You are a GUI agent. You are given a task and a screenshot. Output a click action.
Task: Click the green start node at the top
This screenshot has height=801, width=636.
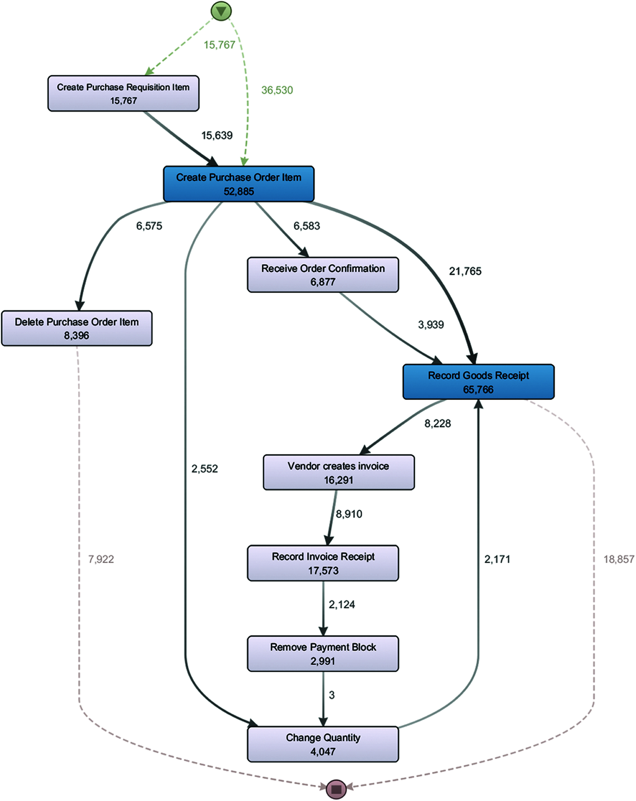pyautogui.click(x=221, y=11)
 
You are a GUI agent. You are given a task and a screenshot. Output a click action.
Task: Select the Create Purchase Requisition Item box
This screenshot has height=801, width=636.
pyautogui.click(x=123, y=94)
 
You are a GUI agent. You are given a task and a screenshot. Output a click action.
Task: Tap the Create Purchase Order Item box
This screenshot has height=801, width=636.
pyautogui.click(x=239, y=184)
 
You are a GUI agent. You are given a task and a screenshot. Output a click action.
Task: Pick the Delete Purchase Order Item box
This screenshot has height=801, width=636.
pyautogui.click(x=77, y=328)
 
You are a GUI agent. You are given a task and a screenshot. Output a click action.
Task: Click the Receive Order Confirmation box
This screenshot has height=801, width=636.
pyautogui.click(x=323, y=275)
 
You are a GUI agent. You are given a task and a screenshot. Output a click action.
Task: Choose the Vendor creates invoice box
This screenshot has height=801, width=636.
pyautogui.click(x=338, y=472)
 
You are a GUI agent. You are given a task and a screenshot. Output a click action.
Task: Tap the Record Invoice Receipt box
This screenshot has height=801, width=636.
pyautogui.click(x=323, y=563)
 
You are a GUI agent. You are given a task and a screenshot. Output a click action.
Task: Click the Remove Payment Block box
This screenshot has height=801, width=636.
pyautogui.click(x=323, y=654)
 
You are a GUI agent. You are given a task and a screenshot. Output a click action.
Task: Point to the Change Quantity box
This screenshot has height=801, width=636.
pyautogui.click(x=323, y=744)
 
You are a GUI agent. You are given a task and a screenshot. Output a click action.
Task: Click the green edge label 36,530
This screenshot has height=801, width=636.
pyautogui.click(x=277, y=90)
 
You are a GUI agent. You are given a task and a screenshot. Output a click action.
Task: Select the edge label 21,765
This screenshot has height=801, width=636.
pyautogui.click(x=465, y=271)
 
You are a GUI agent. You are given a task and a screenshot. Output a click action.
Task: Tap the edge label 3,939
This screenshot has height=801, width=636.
pyautogui.click(x=431, y=325)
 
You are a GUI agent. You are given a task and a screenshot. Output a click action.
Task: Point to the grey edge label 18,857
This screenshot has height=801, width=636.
pyautogui.click(x=618, y=559)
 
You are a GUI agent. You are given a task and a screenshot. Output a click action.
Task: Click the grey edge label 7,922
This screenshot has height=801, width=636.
pyautogui.click(x=101, y=559)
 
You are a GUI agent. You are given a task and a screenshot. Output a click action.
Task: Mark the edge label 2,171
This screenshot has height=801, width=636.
pyautogui.click(x=497, y=559)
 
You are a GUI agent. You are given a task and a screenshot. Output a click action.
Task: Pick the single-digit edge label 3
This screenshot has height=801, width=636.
pyautogui.click(x=332, y=695)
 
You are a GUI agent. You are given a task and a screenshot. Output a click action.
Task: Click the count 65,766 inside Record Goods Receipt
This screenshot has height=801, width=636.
pyautogui.click(x=478, y=390)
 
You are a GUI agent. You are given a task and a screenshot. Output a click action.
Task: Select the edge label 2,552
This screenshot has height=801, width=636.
pyautogui.click(x=204, y=469)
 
